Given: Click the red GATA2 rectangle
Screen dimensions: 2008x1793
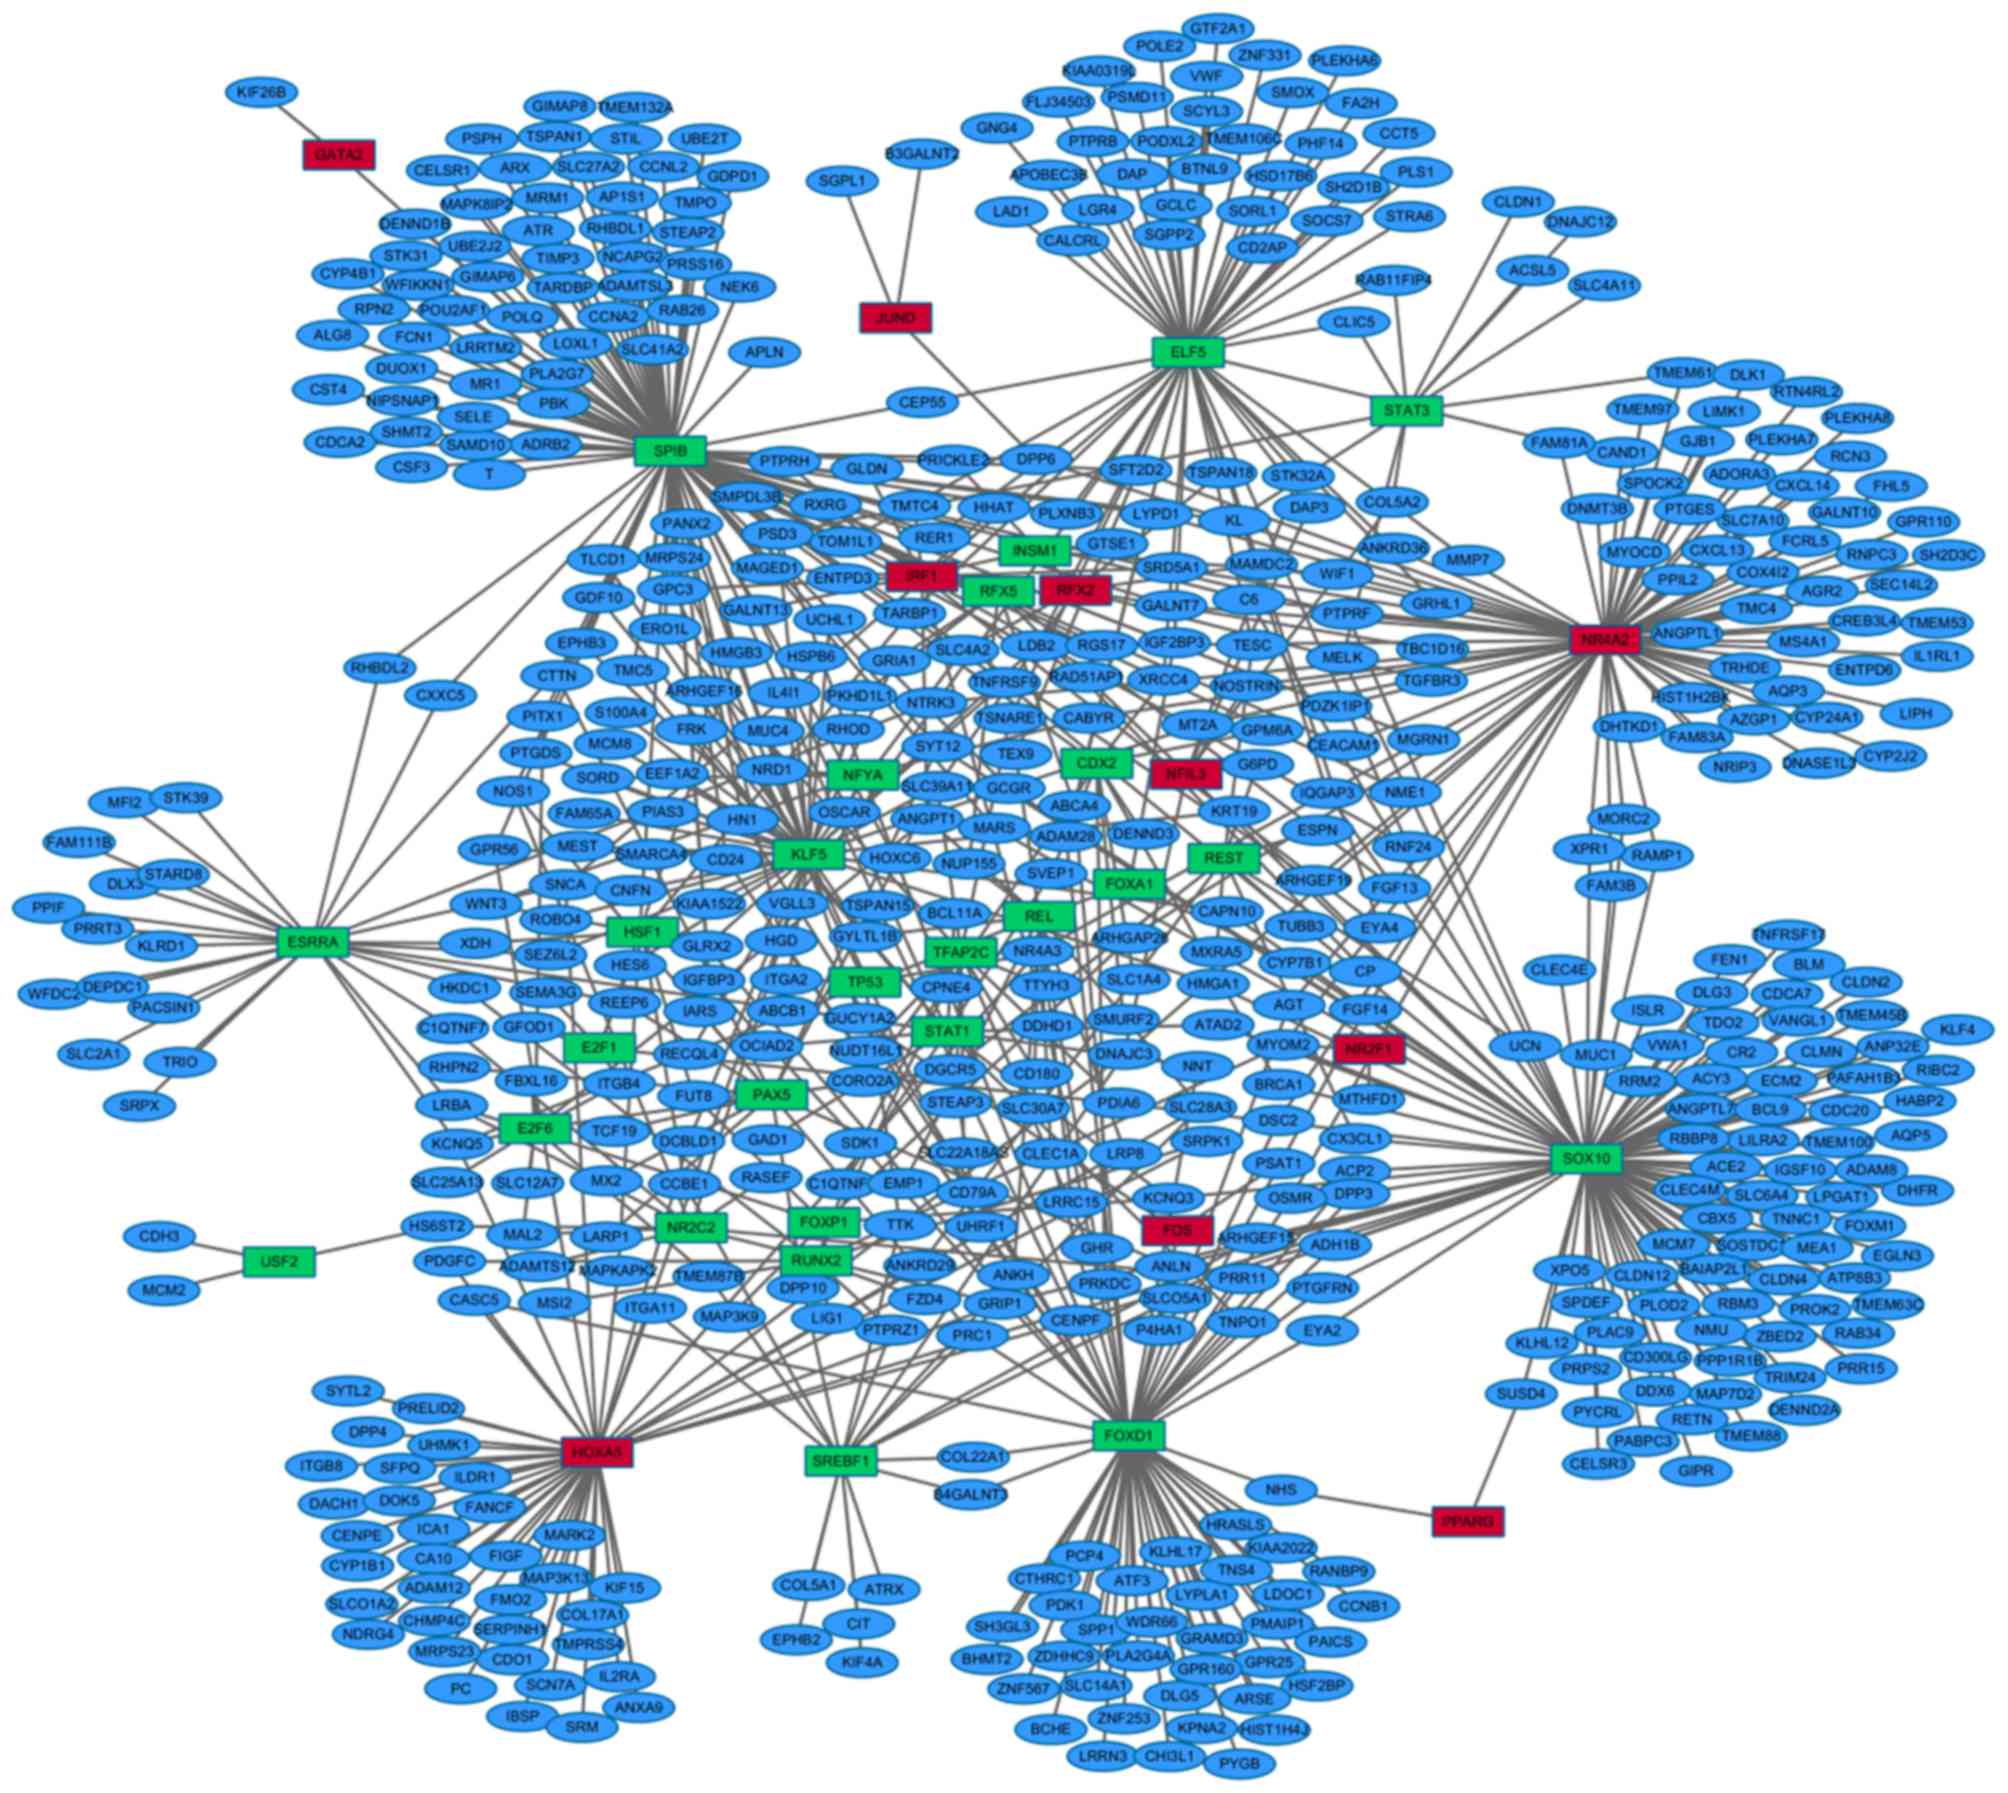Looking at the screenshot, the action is [339, 154].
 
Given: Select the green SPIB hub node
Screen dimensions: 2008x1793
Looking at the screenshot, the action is [670, 451].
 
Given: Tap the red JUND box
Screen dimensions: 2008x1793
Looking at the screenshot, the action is [896, 317].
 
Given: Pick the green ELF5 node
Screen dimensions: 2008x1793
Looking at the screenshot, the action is [1188, 352].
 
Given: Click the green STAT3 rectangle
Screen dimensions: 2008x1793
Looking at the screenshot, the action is [1406, 410].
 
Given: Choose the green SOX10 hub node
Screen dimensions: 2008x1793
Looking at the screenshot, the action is [1587, 1159].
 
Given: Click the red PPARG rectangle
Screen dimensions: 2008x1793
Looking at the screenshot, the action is [1468, 1521].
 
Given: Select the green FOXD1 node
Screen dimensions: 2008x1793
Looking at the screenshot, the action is [1129, 1437].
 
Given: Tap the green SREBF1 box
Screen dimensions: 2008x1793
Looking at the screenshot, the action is [841, 1461].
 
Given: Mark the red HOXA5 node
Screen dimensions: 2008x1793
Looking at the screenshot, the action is [597, 1451].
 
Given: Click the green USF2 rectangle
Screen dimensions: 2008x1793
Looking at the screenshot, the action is [279, 1261].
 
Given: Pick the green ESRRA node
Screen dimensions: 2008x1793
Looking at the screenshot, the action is [313, 941].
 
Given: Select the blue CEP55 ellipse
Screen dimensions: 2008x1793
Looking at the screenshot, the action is [921, 402].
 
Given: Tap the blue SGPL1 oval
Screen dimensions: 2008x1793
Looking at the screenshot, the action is [842, 180].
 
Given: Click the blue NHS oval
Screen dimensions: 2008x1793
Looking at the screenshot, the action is [1280, 1490].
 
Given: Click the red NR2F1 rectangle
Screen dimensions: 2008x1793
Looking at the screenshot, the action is [1369, 1049].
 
